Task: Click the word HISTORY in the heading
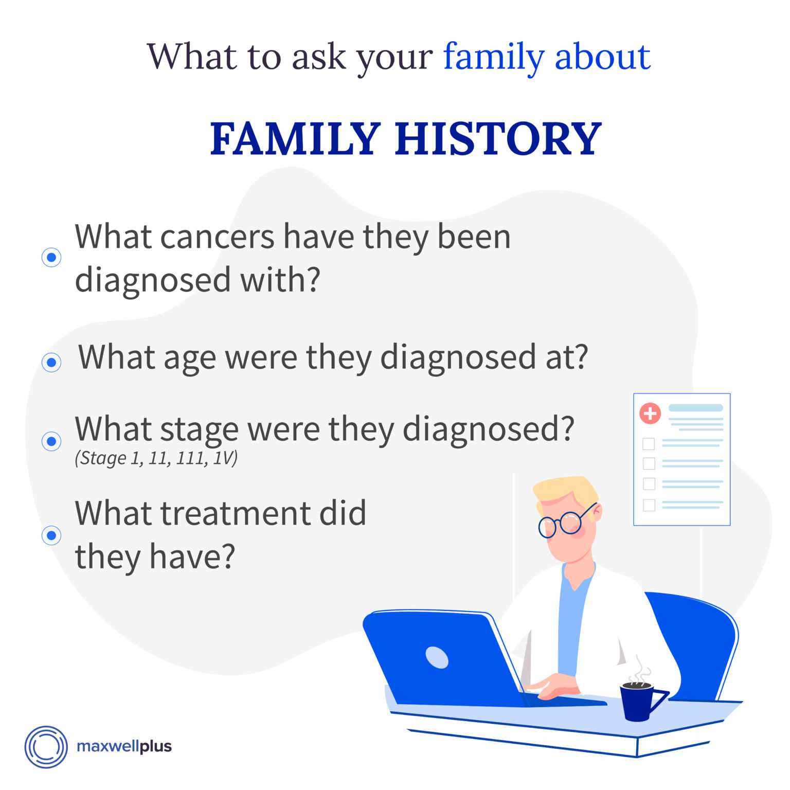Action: tap(498, 139)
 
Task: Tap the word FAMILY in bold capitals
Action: tap(296, 139)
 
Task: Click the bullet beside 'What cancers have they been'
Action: tap(51, 257)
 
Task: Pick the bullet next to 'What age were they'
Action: tap(51, 362)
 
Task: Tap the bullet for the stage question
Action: tap(51, 441)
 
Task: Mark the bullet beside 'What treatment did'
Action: tap(51, 535)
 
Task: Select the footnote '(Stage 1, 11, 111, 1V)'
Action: tap(156, 458)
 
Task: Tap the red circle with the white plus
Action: tap(650, 413)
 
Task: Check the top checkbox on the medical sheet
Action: tap(649, 443)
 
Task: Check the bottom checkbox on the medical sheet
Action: tap(649, 505)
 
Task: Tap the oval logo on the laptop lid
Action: tap(437, 657)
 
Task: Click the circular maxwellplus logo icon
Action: tap(46, 747)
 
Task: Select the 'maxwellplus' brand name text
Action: tap(124, 746)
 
